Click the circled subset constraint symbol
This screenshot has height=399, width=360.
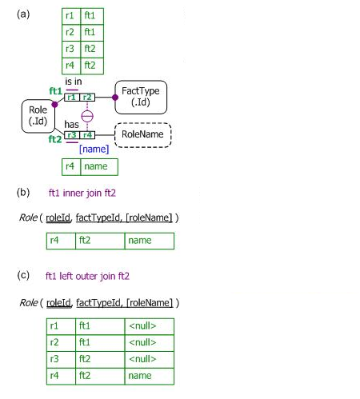tap(87, 116)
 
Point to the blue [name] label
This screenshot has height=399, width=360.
tap(94, 149)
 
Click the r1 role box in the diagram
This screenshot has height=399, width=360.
tap(72, 98)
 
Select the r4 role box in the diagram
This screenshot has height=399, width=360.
tap(87, 135)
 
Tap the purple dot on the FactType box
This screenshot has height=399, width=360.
tap(115, 98)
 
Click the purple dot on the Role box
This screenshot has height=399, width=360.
tap(54, 105)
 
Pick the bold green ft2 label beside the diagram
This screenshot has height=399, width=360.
tap(55, 139)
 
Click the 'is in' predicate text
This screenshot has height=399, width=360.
tap(74, 82)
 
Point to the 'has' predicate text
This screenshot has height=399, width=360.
tap(71, 125)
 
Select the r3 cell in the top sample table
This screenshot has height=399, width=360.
tap(71, 49)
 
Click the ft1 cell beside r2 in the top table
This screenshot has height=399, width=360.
tap(92, 33)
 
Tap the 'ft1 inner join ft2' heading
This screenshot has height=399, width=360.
tap(82, 193)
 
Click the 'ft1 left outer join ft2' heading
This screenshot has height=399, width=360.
tap(87, 276)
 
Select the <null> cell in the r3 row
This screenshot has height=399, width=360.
tap(150, 360)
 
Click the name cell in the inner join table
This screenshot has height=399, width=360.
tap(150, 241)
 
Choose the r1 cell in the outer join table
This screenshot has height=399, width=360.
tap(61, 326)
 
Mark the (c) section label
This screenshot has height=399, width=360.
tap(23, 275)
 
